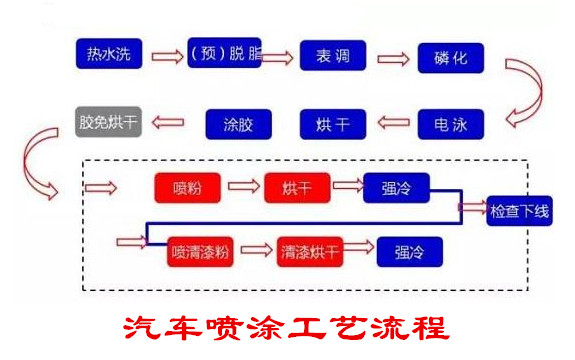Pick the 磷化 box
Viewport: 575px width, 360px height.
[450, 56]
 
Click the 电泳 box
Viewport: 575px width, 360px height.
[450, 124]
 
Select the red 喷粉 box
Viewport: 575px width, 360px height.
[187, 187]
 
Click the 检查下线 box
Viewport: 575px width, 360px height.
[520, 211]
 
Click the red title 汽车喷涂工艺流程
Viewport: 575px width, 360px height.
[288, 327]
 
